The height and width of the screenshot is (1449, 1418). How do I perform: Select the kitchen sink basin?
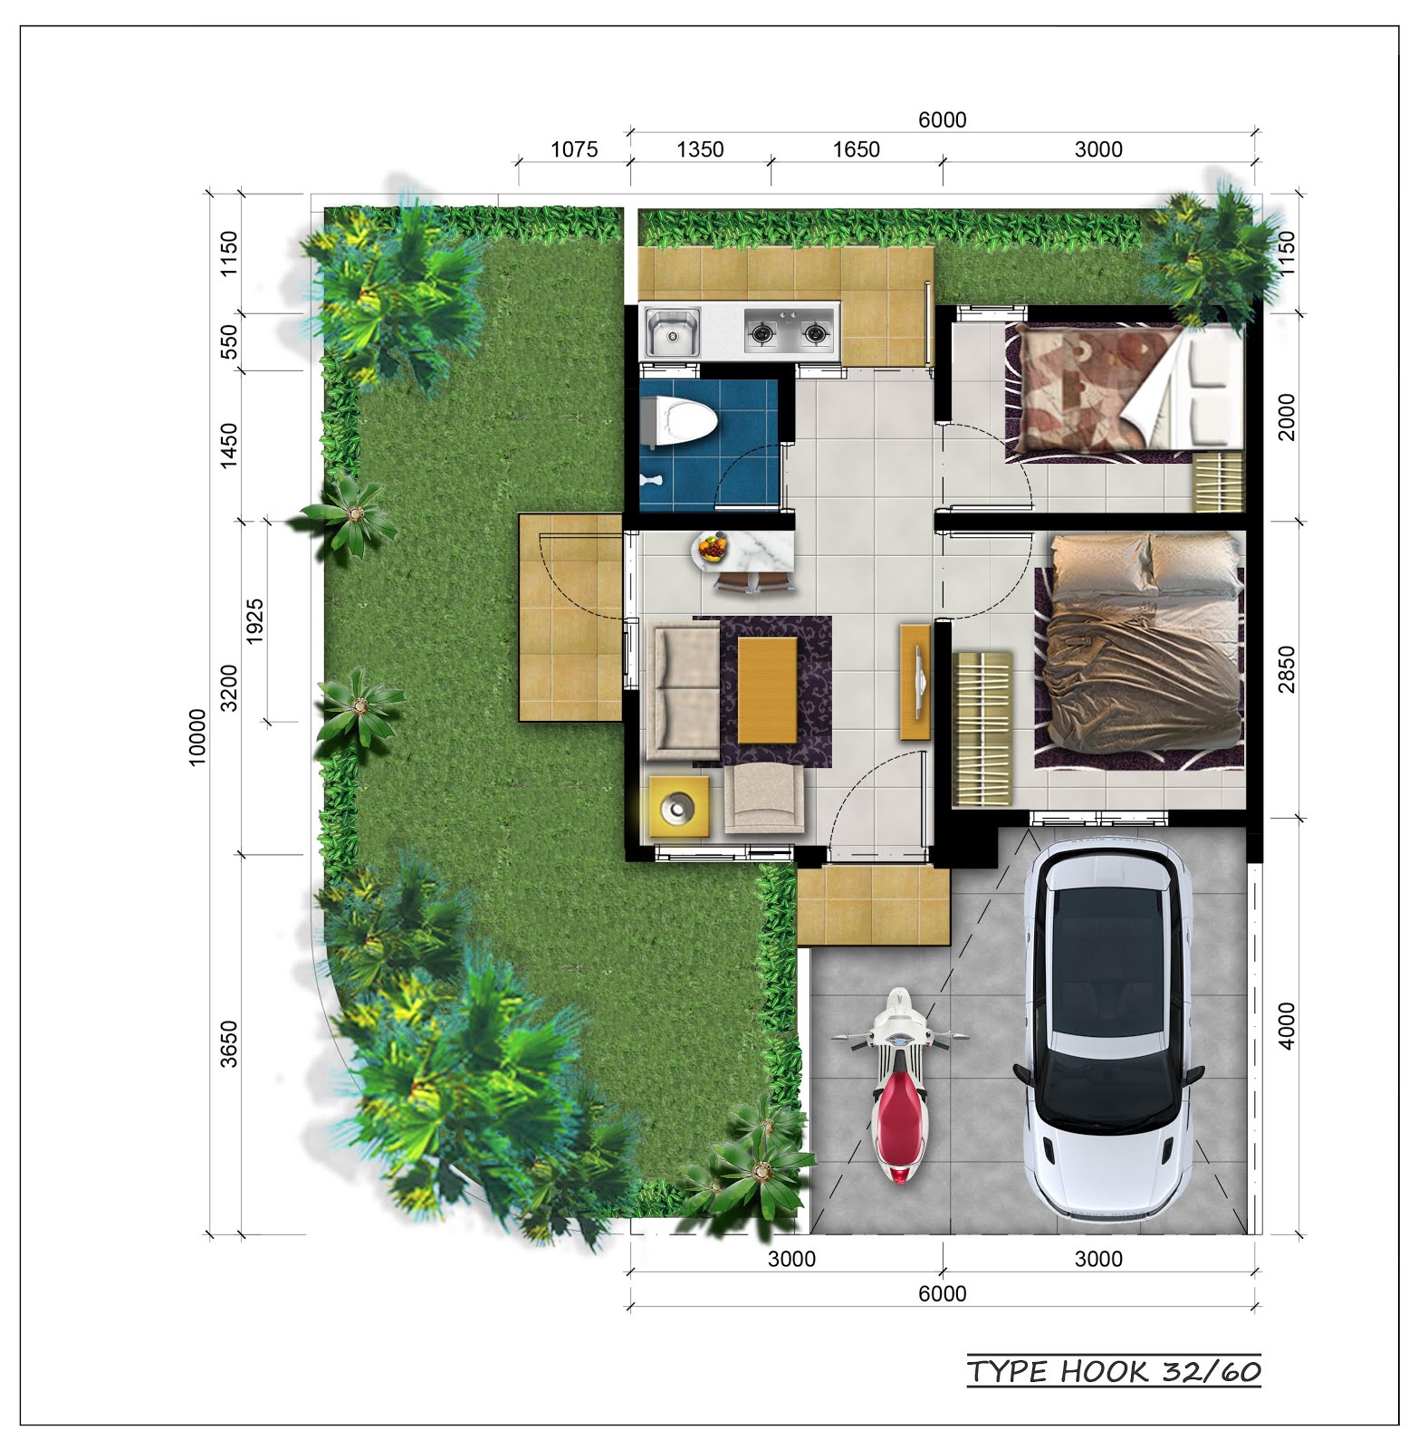coord(671,331)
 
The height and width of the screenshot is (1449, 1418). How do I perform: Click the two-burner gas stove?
coord(789,332)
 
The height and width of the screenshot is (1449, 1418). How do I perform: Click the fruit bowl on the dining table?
coord(711,547)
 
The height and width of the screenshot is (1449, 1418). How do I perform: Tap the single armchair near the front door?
coord(763,798)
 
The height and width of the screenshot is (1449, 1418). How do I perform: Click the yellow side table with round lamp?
coord(678,806)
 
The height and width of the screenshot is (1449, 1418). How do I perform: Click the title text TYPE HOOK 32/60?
coord(1114,1372)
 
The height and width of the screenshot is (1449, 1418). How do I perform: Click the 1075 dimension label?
coord(574,149)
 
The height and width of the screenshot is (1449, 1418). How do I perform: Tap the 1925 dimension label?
coord(255,621)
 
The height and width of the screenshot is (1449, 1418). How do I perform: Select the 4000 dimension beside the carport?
coord(1286,1026)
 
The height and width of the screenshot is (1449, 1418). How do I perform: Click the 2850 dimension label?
coord(1286,669)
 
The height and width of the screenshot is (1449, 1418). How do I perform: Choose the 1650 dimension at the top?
coord(856,149)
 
